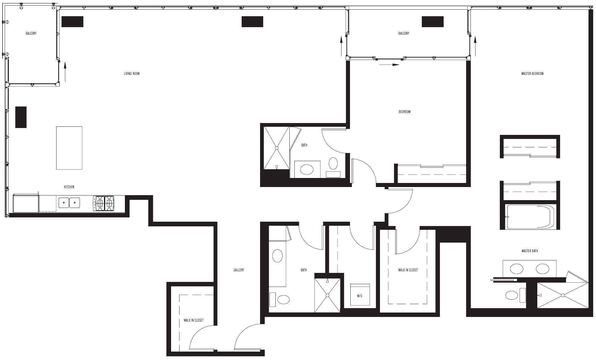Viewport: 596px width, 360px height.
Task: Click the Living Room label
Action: pos(131,74)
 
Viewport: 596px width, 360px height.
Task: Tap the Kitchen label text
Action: pos(69,187)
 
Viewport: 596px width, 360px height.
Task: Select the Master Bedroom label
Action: pos(532,74)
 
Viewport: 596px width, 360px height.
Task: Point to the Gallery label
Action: pos(239,270)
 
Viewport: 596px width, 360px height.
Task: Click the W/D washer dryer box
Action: pos(360,295)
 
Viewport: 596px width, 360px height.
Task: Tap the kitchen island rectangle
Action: pos(69,148)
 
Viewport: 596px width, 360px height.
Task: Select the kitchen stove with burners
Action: pos(103,203)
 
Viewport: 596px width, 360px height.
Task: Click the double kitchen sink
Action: pos(69,203)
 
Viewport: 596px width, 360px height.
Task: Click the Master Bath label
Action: pos(530,251)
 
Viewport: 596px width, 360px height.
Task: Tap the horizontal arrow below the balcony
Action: pos(389,65)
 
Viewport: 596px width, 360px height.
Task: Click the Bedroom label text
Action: pos(404,112)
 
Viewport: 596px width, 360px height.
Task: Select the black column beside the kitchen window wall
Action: pos(21,117)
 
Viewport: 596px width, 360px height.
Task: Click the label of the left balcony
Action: pos(31,33)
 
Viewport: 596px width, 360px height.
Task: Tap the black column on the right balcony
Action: pos(433,22)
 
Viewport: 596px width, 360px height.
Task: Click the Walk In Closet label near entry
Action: pos(193,320)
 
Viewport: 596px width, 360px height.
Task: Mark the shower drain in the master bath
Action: pos(563,295)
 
